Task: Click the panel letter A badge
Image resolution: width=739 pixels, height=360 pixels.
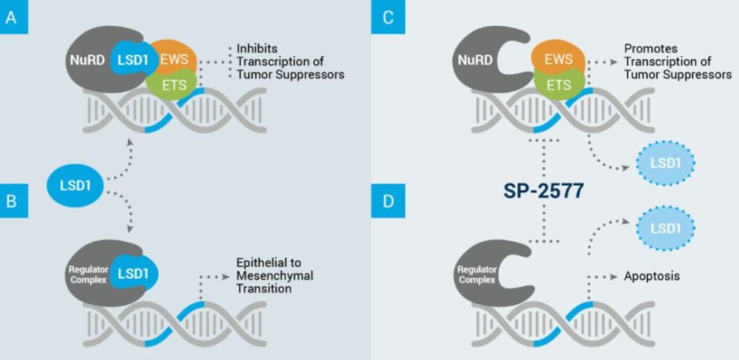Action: coord(14,17)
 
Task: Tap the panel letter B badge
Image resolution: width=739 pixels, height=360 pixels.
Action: coord(14,201)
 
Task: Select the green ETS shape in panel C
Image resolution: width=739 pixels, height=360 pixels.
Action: coord(559,84)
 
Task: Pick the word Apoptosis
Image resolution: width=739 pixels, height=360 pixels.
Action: coord(653,276)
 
